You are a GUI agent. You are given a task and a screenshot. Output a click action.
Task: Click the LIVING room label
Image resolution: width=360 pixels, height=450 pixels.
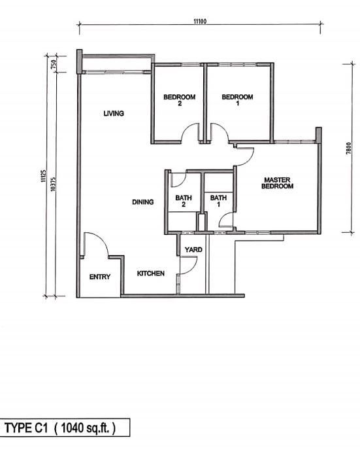coord(114,113)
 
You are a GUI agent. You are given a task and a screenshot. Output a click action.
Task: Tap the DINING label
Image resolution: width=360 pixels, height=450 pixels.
coord(142,202)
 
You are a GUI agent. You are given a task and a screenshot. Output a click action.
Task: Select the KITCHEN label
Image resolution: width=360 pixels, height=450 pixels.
coord(150,273)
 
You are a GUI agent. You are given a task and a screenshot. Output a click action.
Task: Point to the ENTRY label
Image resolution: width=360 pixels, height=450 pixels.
coord(100,277)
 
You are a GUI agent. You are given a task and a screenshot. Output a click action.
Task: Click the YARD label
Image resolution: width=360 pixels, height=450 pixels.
coord(193,250)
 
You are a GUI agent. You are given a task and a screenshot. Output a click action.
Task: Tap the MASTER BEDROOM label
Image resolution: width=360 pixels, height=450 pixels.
coord(278,182)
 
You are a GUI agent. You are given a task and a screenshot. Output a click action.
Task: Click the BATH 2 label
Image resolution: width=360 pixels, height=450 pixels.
coord(182,201)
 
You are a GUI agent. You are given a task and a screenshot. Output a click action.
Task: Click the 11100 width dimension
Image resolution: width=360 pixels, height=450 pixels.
coord(200,22)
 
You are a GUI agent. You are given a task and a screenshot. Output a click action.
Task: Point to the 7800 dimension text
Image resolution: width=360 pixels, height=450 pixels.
coord(350,149)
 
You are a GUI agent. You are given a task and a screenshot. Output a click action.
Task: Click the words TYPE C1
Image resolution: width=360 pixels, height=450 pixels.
coord(27,428)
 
